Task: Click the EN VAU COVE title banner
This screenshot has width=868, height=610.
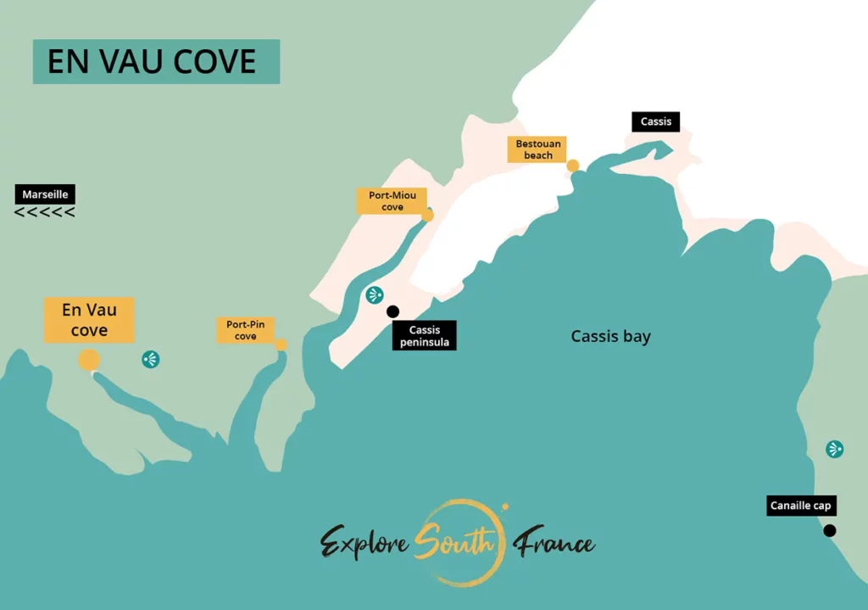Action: coord(156,61)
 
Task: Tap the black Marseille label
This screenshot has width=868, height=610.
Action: coord(45,194)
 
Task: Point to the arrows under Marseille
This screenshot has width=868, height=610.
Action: coord(45,212)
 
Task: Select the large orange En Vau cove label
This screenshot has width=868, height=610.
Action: coord(89,320)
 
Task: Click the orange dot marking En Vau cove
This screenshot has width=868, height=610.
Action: coord(89,361)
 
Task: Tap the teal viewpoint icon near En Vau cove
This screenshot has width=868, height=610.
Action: coord(151,359)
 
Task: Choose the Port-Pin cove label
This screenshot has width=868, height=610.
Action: coord(246,330)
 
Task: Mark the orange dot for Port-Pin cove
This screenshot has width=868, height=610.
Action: coord(281,344)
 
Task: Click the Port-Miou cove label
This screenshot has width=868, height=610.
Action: coord(392,201)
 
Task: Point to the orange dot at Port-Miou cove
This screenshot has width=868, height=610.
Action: coord(427,215)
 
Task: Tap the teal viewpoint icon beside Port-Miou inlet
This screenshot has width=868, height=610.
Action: coord(375,295)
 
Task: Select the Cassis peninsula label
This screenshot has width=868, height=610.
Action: coord(425,336)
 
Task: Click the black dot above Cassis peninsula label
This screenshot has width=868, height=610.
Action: coord(392,311)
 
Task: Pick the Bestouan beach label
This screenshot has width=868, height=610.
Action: coord(538,149)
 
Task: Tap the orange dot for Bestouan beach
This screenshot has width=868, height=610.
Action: coord(573,165)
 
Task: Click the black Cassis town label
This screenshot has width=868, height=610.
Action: coord(656,121)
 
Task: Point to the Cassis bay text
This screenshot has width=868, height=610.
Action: coord(610,336)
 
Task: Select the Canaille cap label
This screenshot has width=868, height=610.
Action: coord(801,506)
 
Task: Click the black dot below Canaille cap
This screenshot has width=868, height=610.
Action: coord(830,530)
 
